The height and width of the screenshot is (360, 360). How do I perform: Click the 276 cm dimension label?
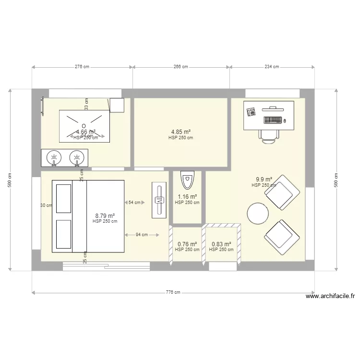point(83,67)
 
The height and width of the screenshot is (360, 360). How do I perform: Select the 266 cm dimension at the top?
point(181,67)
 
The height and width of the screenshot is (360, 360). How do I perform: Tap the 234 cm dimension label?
point(272,67)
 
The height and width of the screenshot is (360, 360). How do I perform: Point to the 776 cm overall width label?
point(173,292)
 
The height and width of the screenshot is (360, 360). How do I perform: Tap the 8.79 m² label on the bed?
point(105,216)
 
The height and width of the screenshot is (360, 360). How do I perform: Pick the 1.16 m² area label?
point(187,197)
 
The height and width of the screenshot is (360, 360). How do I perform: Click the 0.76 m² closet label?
point(187,244)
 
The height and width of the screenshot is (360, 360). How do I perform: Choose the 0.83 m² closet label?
point(221,244)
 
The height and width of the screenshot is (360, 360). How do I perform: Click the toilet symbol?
point(187,181)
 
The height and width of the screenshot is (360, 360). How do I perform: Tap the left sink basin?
point(55,157)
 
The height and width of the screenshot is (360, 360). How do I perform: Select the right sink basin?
point(76,157)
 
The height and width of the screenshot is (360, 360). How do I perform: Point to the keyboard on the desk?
point(272,120)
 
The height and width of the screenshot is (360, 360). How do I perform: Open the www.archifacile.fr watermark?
point(330,296)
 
